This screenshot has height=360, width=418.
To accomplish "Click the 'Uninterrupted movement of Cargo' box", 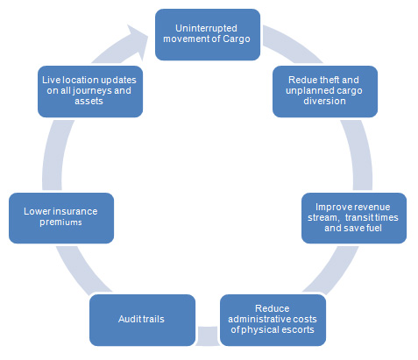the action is coord(208,34).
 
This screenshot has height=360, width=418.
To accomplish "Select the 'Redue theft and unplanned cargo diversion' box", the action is coord(325,91).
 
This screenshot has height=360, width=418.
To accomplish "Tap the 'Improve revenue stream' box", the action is coord(354,218).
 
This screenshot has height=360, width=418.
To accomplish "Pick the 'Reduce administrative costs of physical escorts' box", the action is coord(273,320).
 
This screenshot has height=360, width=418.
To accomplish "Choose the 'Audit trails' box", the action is coord(142,320).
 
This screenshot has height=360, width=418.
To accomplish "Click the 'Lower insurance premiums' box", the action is coord(61,218).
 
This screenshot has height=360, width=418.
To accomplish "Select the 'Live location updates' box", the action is coord(90,91).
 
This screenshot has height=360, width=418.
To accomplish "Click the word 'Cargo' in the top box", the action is coord(237,39).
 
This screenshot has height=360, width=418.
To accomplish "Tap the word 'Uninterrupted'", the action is coord(206,28).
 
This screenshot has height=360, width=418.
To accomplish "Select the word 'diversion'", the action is coord(324,101).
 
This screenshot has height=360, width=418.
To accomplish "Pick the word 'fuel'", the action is coord(374,228).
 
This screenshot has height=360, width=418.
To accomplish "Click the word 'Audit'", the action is coord(127,319).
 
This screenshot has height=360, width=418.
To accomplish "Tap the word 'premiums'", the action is coord(60,222).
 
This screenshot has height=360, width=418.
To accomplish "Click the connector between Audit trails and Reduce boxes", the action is coord(208,335).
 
